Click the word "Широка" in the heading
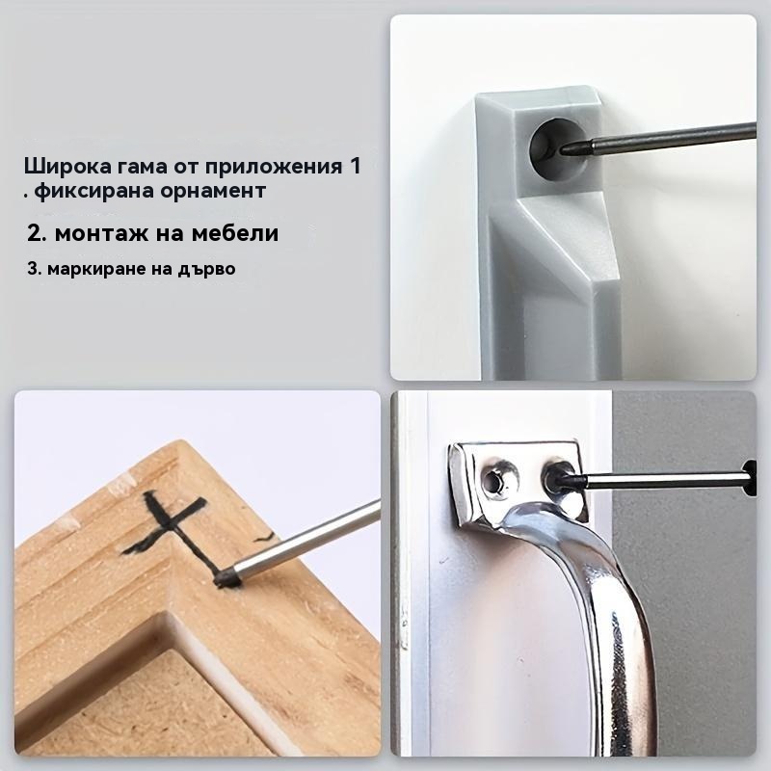tap(67, 166)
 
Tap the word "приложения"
tap(274, 167)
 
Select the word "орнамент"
tap(213, 191)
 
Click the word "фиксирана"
tap(94, 191)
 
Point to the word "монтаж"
tap(102, 232)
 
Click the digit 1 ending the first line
tap(355, 166)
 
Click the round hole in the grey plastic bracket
tap(557, 148)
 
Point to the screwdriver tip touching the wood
tap(227, 577)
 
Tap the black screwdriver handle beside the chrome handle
tap(751, 477)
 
